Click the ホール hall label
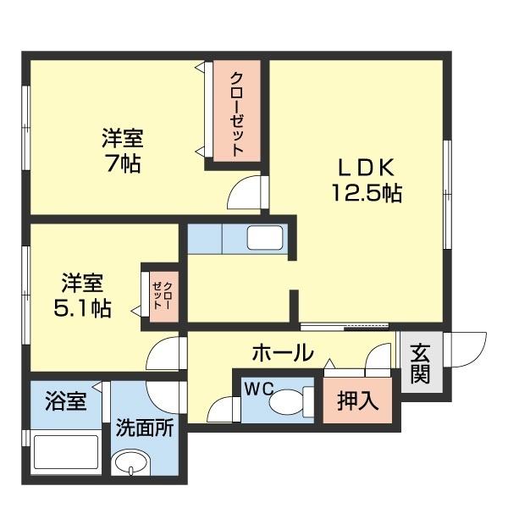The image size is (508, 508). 282,352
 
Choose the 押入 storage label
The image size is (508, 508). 357,400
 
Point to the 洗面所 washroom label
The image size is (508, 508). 145,427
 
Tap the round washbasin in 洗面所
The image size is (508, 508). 131,464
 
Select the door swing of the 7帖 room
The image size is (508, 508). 247,192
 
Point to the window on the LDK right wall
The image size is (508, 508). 447,194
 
